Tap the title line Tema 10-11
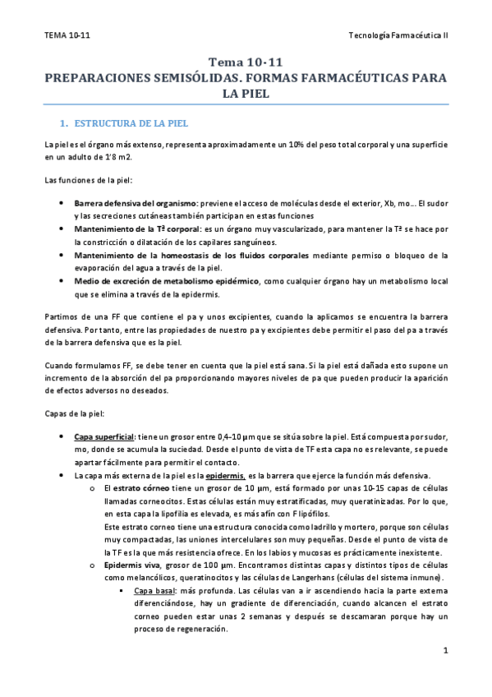pyautogui.click(x=246, y=62)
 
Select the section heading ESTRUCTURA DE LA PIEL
pyautogui.click(x=131, y=123)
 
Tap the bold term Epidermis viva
pyautogui.click(x=133, y=565)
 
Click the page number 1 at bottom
pyautogui.click(x=444, y=652)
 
